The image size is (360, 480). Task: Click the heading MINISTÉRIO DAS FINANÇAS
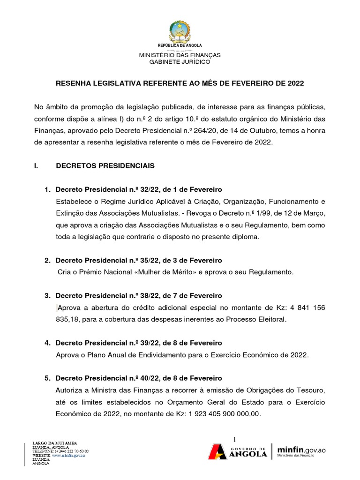[x=180, y=55]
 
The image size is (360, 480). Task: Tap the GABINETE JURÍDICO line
[x=180, y=61]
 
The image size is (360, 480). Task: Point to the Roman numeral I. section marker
[x=37, y=165]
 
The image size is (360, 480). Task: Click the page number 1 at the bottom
[x=234, y=439]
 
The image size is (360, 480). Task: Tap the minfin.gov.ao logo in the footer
[x=301, y=451]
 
